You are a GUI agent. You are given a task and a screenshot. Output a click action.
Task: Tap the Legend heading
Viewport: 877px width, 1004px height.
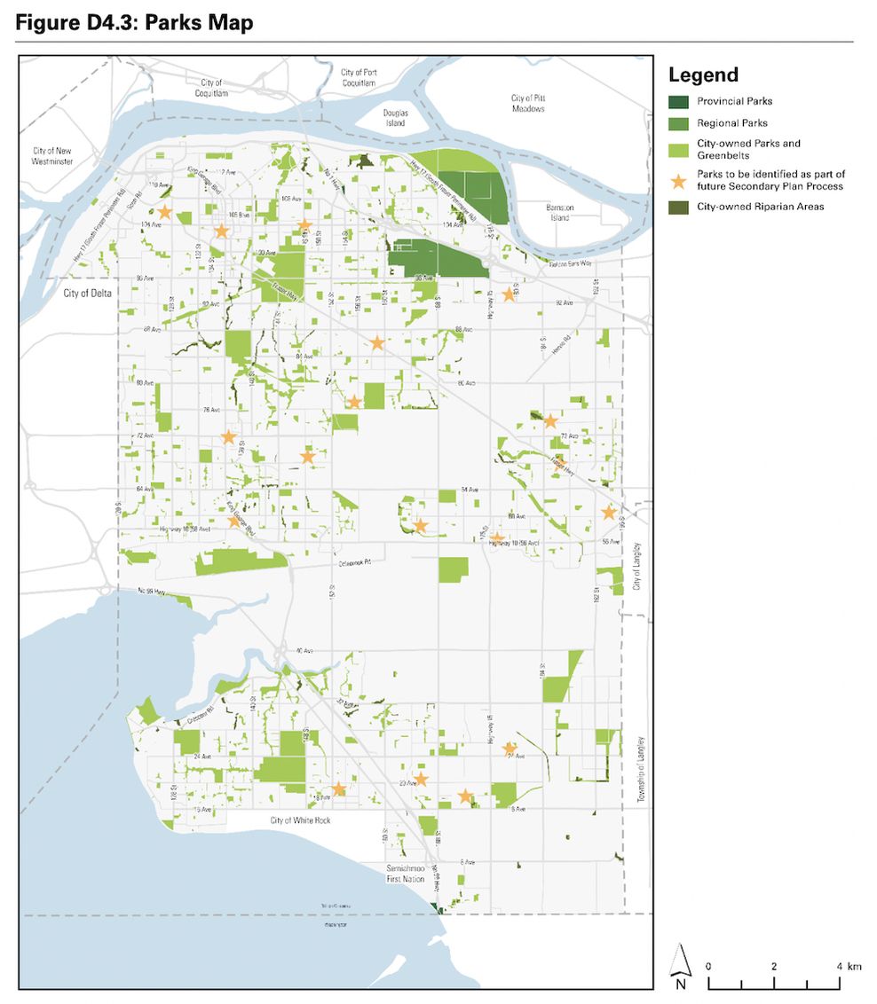(x=703, y=75)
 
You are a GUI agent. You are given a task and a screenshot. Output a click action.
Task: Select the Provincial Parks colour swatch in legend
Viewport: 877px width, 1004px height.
(x=678, y=101)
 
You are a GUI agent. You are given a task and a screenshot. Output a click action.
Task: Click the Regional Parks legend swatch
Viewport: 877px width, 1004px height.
(x=678, y=123)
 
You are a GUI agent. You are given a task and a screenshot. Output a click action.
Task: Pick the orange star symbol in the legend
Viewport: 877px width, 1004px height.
(x=678, y=181)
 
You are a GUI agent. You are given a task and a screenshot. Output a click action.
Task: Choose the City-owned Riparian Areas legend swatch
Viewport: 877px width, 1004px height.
(x=678, y=207)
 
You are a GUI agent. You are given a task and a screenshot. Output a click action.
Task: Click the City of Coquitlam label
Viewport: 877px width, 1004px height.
(x=211, y=88)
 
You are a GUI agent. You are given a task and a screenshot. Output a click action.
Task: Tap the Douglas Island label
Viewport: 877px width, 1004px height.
(x=395, y=118)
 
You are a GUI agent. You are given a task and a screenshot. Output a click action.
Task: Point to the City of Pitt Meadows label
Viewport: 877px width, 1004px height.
(x=527, y=103)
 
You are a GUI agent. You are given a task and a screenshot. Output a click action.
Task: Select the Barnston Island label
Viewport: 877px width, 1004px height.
(x=560, y=212)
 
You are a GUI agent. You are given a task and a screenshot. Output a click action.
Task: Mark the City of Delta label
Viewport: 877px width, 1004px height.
(x=88, y=294)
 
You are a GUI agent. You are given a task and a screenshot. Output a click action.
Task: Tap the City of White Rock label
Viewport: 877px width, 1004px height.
(x=300, y=821)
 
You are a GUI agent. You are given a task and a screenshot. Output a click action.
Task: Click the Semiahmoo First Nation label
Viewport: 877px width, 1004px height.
(x=410, y=872)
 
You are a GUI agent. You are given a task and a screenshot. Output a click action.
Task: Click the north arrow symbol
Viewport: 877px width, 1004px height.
(x=680, y=968)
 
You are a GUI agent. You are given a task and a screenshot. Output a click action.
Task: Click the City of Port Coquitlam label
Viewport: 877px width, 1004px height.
(x=358, y=77)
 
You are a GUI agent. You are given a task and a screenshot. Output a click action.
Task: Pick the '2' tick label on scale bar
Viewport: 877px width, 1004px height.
(x=774, y=966)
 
